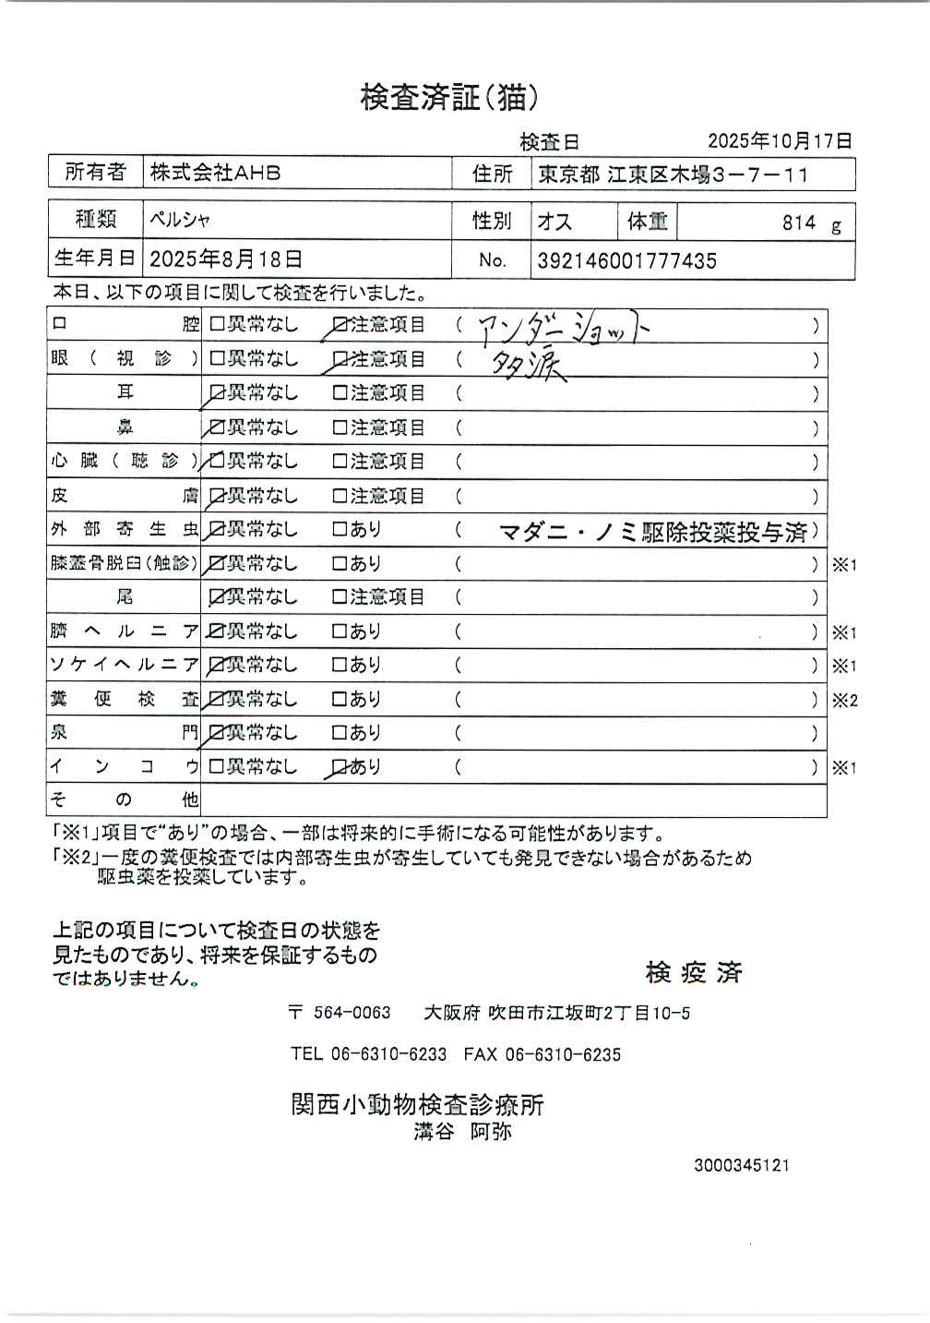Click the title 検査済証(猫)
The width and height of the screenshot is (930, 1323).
(x=448, y=97)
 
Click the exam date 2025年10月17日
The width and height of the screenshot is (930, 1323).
(x=780, y=141)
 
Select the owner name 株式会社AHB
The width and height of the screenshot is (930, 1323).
(x=215, y=173)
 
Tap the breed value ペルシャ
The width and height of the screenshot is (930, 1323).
(x=180, y=221)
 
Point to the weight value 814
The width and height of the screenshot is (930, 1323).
(x=799, y=223)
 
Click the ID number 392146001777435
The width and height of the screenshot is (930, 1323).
(x=626, y=261)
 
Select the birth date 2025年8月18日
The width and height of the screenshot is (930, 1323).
(x=225, y=259)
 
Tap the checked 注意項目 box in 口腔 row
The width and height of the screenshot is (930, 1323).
(x=340, y=325)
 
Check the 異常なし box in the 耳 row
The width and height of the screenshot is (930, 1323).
(x=218, y=393)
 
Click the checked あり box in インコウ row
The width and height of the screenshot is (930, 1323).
(x=340, y=766)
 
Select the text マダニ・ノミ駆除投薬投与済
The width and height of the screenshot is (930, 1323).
(x=652, y=532)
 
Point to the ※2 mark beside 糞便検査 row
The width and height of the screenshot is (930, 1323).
(x=844, y=701)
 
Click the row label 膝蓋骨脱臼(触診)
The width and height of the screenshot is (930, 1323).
(x=124, y=563)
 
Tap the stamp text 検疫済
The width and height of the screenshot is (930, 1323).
(x=694, y=972)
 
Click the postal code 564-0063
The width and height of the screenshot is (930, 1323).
(x=352, y=1013)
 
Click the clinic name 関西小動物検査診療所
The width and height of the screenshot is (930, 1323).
(x=417, y=1104)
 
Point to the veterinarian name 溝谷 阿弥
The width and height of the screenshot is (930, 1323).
(x=462, y=1132)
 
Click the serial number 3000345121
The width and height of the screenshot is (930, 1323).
(x=741, y=1166)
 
